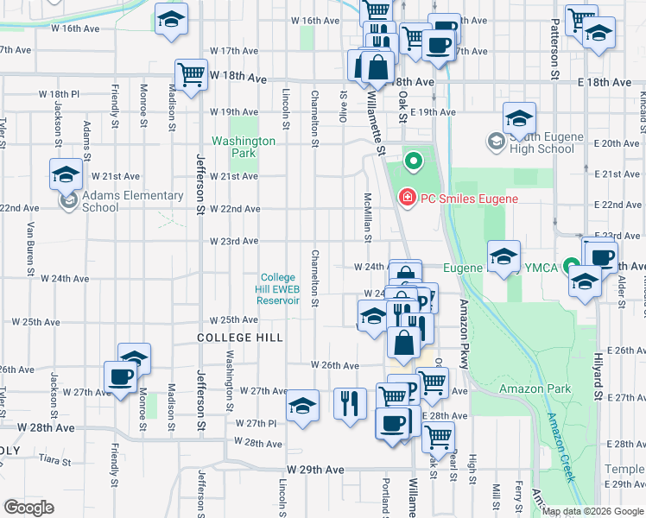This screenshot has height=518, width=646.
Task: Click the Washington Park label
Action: pos(244,147)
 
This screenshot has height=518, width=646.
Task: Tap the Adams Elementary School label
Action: pos(132,201)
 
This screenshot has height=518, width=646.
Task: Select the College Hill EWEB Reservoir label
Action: pos(279,289)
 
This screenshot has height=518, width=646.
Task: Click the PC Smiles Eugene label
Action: pos(469,199)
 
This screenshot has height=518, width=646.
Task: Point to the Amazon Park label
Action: pos(535,388)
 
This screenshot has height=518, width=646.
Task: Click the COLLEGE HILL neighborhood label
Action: pos(239,338)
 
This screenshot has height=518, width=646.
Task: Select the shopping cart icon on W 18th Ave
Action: pos(190,73)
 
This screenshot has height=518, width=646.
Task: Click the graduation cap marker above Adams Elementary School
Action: pos(66,175)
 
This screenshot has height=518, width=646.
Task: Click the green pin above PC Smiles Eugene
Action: pos(413,161)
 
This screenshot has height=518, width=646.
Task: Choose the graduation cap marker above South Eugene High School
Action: pos(519,118)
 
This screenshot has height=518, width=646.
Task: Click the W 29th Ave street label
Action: pos(316,470)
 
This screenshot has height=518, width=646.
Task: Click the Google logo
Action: pos(28,507)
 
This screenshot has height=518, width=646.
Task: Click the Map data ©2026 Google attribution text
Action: pos(592,511)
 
